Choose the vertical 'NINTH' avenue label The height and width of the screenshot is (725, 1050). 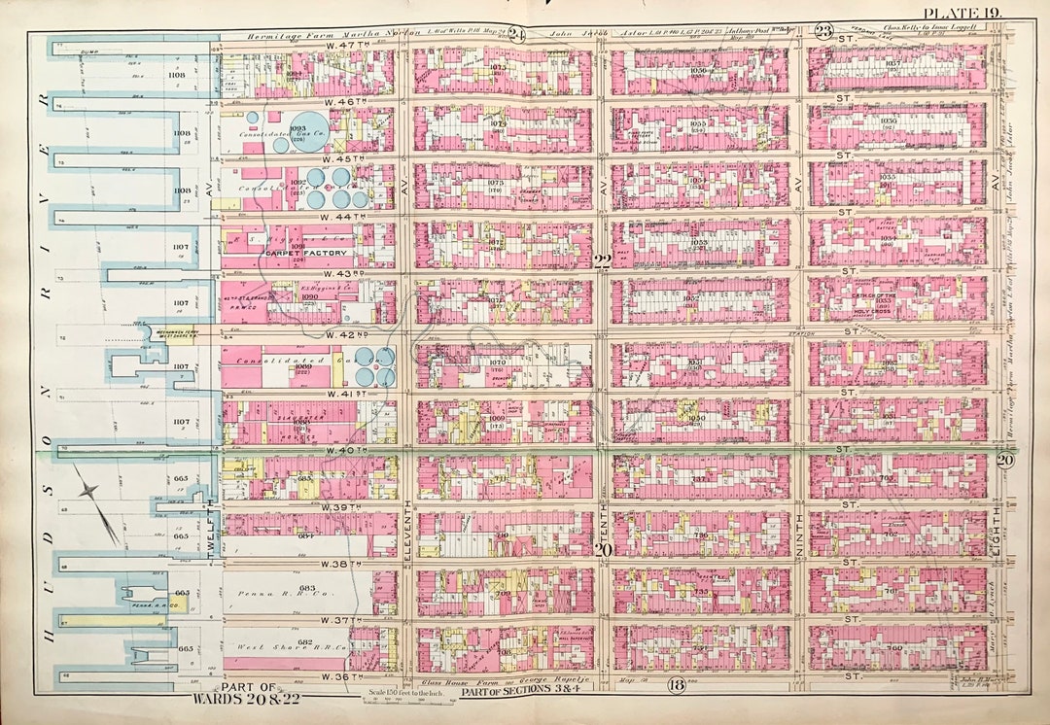tap(799, 530)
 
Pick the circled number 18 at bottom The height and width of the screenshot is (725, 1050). tap(677, 684)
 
